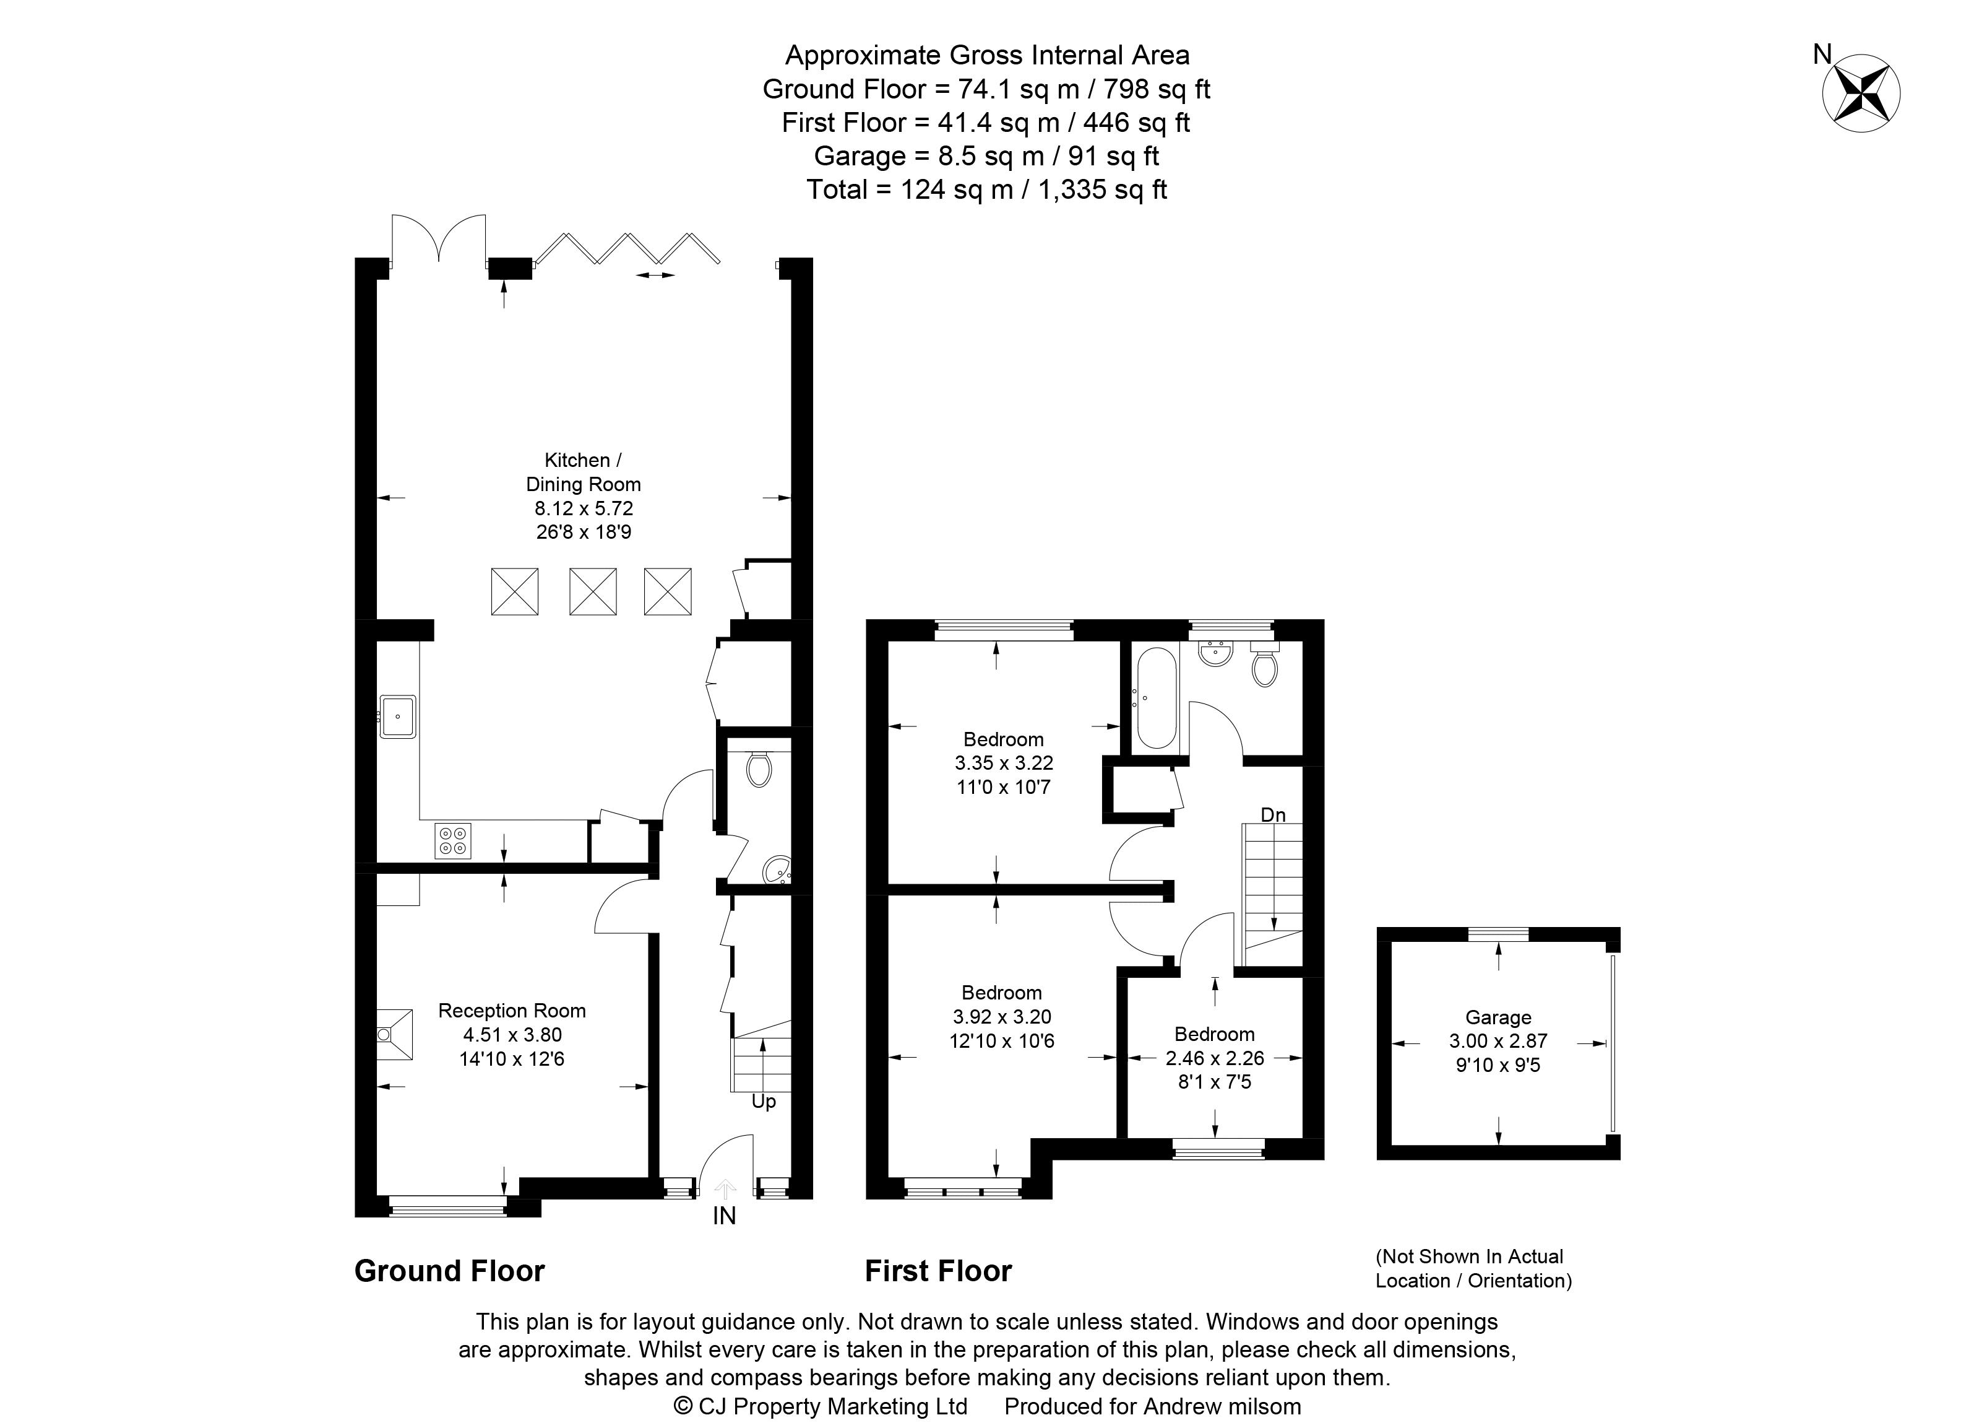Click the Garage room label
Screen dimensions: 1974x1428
click(x=1498, y=1017)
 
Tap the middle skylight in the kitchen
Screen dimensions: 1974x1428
click(x=593, y=591)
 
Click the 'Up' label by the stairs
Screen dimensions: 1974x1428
click(x=764, y=1102)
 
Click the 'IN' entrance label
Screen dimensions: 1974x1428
click(x=724, y=1216)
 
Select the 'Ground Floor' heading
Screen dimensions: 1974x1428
click(x=449, y=1271)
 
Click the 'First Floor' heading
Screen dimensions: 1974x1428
click(x=938, y=1271)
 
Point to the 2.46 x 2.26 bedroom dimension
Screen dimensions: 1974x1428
click(x=1214, y=1058)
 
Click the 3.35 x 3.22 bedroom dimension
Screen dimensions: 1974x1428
click(x=1004, y=764)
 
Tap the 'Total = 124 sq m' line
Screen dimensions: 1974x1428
click(x=986, y=190)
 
